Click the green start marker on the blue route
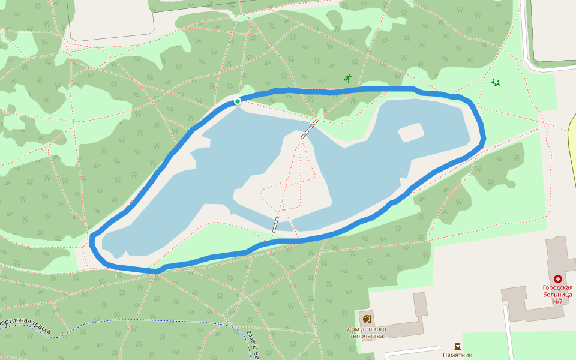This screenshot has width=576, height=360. click(x=238, y=101)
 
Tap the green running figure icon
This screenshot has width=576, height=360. click(x=347, y=78)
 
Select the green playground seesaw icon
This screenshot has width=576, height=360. click(x=496, y=82)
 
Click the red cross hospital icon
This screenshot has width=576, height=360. click(x=558, y=279)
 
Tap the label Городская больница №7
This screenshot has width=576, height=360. click(x=557, y=294)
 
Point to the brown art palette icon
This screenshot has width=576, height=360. click(x=367, y=317)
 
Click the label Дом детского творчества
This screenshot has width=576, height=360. click(x=367, y=332)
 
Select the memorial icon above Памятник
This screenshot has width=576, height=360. click(x=458, y=346)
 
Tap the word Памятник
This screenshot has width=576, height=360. click(x=458, y=355)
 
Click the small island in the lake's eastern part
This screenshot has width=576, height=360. click(x=410, y=132)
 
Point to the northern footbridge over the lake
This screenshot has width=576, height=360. click(x=310, y=129)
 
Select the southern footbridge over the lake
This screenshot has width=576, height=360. click(x=275, y=224)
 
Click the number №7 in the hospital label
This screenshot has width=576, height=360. click(x=557, y=301)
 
